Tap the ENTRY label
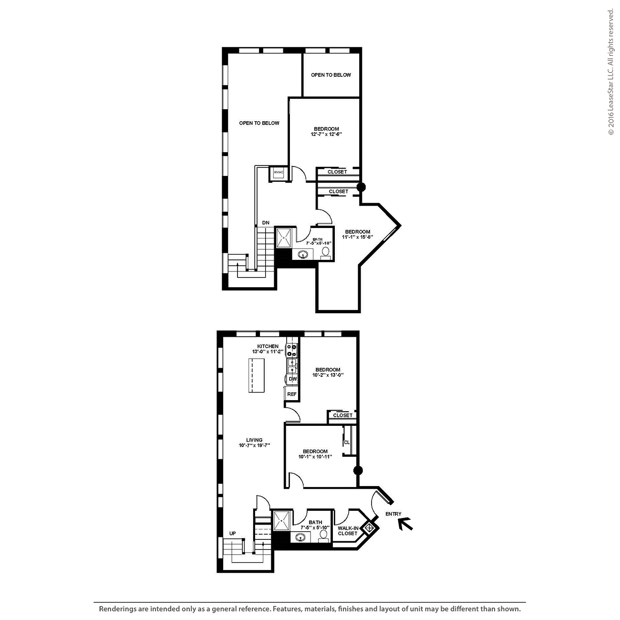tap(393, 514)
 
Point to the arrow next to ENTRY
tap(405, 524)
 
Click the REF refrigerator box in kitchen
tap(292, 394)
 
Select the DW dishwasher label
tap(293, 379)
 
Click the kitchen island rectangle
tap(257, 375)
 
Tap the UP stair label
tap(233, 533)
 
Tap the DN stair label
tap(266, 223)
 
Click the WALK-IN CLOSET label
tap(348, 530)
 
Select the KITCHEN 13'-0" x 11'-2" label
tap(268, 349)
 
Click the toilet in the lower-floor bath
tap(323, 537)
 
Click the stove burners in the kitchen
tap(292, 350)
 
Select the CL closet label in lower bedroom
tap(347, 443)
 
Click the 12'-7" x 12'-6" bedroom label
tap(326, 132)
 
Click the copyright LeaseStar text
tap(610, 72)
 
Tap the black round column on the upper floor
tap(361, 187)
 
